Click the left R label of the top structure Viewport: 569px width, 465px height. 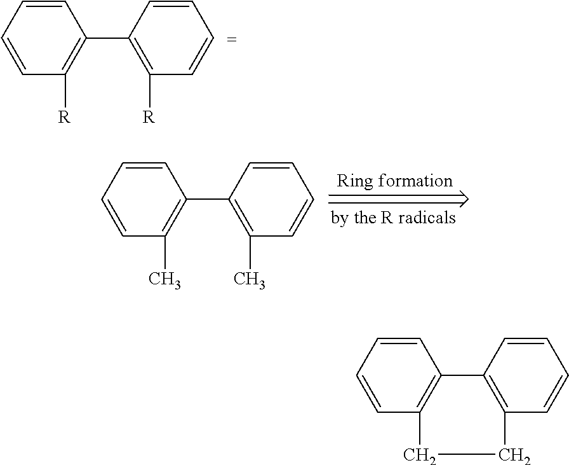click(64, 117)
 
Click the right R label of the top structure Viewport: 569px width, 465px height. click(149, 117)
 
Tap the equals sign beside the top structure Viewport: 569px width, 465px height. click(232, 39)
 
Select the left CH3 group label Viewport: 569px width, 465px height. click(164, 280)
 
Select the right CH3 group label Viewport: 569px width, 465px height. click(250, 280)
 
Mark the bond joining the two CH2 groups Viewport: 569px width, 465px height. click(467, 454)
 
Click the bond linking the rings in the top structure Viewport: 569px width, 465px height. click(107, 38)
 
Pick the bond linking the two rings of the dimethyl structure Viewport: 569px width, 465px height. click(208, 199)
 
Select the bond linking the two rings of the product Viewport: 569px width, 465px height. click(462, 375)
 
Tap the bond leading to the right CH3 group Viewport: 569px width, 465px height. click(250, 253)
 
